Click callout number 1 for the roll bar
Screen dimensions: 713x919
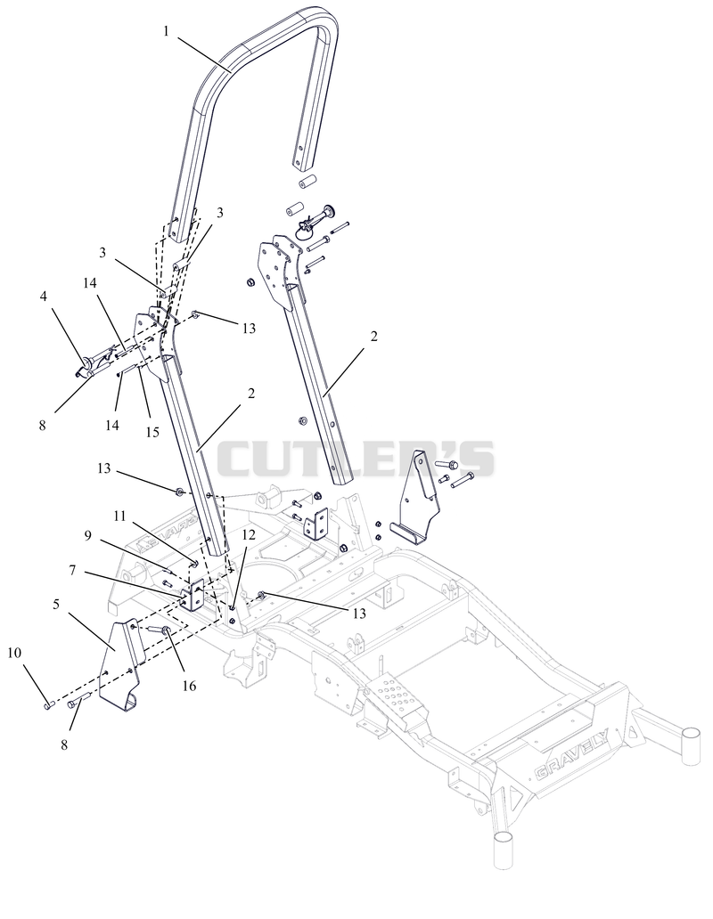click(166, 32)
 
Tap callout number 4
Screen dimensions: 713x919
click(44, 297)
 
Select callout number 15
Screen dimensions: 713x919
click(152, 432)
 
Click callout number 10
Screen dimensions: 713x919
click(14, 653)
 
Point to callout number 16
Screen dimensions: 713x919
click(189, 686)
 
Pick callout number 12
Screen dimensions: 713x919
click(249, 534)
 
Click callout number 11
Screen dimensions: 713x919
click(119, 516)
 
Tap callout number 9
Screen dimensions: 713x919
click(88, 535)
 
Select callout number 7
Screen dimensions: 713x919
click(72, 570)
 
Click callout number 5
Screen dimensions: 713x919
click(55, 605)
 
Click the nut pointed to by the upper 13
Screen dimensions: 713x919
click(195, 315)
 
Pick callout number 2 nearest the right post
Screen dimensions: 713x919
click(373, 337)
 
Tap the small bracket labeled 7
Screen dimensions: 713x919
click(193, 596)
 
